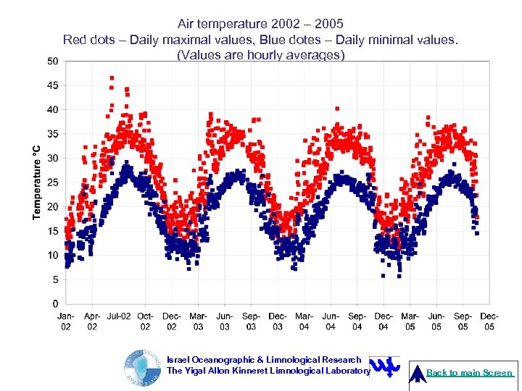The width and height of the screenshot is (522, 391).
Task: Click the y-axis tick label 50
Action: [52, 61]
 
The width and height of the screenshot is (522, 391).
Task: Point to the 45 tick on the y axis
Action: [52, 85]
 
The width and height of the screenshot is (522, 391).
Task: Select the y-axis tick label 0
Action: [55, 303]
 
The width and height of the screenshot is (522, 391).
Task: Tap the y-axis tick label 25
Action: [52, 182]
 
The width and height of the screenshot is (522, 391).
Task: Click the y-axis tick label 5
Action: [55, 279]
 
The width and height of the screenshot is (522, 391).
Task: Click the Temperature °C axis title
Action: [37, 181]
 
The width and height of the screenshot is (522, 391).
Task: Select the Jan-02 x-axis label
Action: [66, 321]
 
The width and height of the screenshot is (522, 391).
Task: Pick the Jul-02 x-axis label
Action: [119, 316]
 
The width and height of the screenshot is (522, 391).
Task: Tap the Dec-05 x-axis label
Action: [489, 321]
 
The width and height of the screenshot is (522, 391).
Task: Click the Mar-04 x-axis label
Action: [304, 321]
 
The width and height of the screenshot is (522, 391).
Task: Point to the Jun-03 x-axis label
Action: [225, 321]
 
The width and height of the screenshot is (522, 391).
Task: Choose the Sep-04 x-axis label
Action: [357, 321]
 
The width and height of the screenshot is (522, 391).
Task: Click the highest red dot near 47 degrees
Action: [112, 77]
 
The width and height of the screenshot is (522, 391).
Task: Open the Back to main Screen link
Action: [470, 373]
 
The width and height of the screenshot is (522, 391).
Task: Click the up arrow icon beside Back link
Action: [417, 373]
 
